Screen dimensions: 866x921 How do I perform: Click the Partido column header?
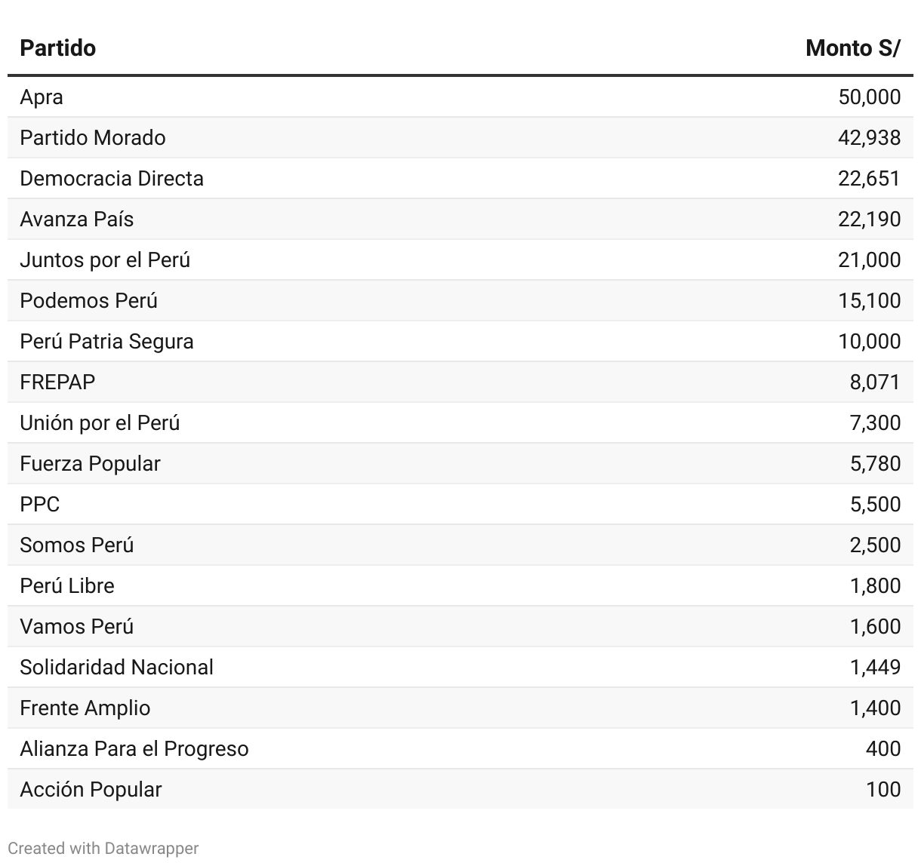pos(58,48)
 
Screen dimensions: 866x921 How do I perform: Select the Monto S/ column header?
pos(853,48)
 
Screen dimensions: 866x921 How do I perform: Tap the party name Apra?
pos(42,97)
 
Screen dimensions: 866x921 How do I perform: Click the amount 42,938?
pos(869,138)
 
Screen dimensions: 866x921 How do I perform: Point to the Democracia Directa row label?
pos(112,179)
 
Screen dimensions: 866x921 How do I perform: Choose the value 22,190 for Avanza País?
pos(869,220)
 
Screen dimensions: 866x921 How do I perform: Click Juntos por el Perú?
pos(105,260)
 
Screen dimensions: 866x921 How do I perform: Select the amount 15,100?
pos(869,301)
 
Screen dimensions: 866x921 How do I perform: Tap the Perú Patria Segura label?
pos(106,342)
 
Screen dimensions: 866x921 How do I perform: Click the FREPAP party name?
pos(57,382)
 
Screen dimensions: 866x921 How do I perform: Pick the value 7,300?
pos(875,423)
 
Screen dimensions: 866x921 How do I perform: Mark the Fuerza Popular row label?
pos(90,464)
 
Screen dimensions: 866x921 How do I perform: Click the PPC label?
pos(40,505)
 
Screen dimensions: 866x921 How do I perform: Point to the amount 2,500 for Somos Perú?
pos(875,545)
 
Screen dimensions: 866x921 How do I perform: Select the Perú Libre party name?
pos(67,586)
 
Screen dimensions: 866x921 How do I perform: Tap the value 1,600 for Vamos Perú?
pos(875,627)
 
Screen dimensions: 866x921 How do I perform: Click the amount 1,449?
pos(875,668)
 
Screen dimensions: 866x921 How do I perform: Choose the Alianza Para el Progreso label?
pos(134,749)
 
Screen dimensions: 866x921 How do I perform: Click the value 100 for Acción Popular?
pos(883,790)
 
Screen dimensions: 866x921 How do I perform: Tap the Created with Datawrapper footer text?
pos(103,849)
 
